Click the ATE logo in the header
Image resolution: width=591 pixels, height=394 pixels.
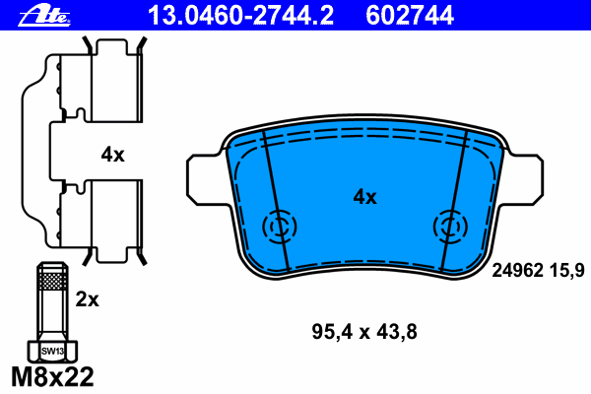[44, 16]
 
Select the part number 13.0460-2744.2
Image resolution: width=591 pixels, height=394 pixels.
[241, 16]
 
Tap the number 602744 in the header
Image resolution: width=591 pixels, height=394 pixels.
[410, 16]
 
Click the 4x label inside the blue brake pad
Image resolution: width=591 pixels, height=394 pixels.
[364, 197]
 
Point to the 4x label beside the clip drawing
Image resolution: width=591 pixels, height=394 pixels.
[112, 155]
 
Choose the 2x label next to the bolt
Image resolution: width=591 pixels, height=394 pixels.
[87, 299]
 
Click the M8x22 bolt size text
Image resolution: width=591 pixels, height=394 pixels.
[52, 376]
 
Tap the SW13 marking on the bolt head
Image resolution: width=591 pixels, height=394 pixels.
[52, 352]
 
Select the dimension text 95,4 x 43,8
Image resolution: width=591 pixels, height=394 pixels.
[364, 332]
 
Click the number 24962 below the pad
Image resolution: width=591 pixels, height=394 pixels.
[517, 270]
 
